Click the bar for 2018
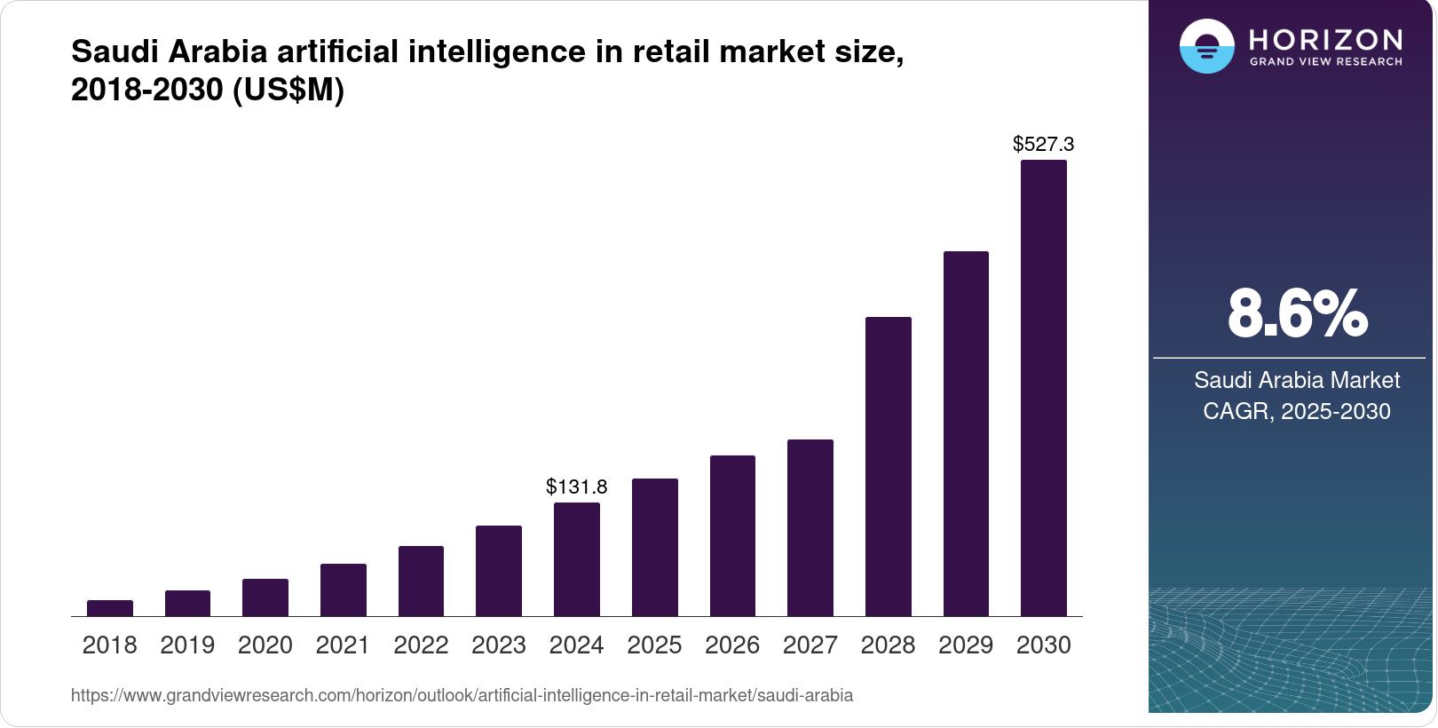110,608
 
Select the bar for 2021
344,590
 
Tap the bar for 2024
577,559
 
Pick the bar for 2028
889,466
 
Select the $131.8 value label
577,487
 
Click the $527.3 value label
1044,144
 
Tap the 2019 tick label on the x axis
187,645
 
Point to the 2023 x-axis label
499,645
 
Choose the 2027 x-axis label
810,645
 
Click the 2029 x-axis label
966,645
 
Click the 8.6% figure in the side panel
1297,313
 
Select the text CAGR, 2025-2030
1297,411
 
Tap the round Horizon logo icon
1206,46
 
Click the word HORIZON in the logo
1326,40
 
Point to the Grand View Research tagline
1326,62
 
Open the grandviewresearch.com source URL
462,695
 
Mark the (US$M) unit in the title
288,90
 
